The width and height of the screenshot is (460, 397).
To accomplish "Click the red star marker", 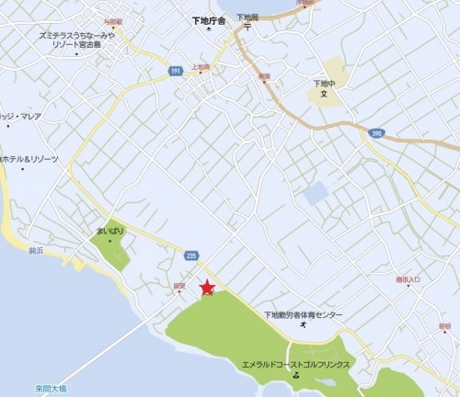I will point(208,288).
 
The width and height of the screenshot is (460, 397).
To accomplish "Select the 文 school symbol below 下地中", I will point(323,94).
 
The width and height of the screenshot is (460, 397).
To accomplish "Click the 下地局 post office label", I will point(246,17).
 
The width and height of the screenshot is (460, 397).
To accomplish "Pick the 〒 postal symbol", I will point(246,28).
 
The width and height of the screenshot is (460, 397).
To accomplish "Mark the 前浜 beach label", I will point(37,249).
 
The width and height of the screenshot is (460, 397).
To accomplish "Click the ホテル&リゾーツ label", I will point(30,159).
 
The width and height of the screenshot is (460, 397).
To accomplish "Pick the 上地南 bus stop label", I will point(201,68).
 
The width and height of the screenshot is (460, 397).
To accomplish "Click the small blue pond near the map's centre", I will point(315,193).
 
